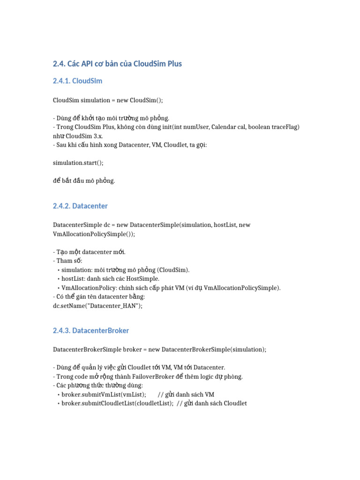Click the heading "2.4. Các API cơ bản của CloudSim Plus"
[117, 63]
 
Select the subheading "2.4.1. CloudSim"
[77, 81]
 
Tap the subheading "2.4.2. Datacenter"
[80, 206]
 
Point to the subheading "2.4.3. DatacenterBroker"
[91, 330]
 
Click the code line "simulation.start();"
[78, 163]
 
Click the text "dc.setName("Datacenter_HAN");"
[97, 306]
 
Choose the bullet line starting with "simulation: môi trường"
[125, 270]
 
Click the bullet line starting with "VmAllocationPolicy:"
[171, 288]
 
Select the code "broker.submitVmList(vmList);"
[104, 395]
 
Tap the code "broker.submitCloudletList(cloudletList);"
[117, 404]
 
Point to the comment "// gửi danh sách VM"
[186, 395]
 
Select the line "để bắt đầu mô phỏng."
[84, 180]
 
